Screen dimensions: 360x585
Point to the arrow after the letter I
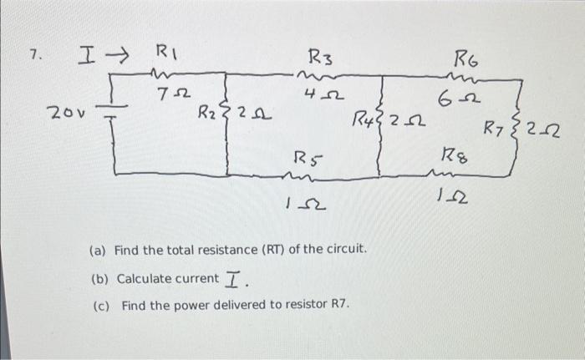[x=112, y=57]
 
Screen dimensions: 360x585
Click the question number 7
[x=33, y=56]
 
